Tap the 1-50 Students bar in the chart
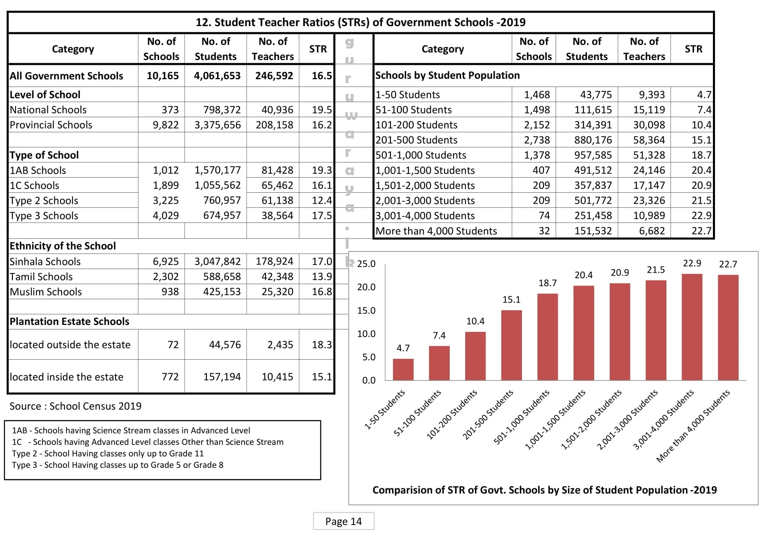click(x=403, y=369)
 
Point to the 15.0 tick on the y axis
click(x=366, y=311)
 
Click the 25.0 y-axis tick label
click(x=366, y=264)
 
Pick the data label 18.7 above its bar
click(x=547, y=283)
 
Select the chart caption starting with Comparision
click(x=544, y=490)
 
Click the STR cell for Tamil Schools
click(x=322, y=277)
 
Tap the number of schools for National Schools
click(x=170, y=110)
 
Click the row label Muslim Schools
click(x=46, y=292)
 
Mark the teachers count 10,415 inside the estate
click(x=277, y=377)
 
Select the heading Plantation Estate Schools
click(x=69, y=322)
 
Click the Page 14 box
click(x=343, y=521)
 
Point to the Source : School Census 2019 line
click(x=75, y=406)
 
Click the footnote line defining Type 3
click(x=118, y=465)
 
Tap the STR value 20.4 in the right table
click(x=701, y=170)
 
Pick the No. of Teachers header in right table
click(x=644, y=49)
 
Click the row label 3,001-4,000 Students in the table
click(x=425, y=216)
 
